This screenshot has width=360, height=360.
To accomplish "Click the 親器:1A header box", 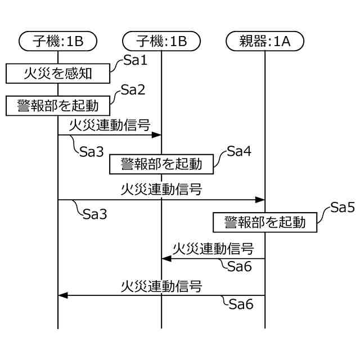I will coord(264,40).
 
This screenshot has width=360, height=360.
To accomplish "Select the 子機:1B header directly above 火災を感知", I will coord(58,40).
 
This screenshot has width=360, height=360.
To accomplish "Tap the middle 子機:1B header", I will coord(161,40).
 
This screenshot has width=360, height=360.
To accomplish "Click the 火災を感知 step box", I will coord(57,73).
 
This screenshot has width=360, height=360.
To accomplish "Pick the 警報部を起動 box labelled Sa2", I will coord(57,105).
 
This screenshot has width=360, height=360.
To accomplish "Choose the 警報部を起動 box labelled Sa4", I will coord(161,164).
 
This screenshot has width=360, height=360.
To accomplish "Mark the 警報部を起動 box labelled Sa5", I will coord(264,222).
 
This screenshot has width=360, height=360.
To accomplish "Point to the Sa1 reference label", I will coord(135,61).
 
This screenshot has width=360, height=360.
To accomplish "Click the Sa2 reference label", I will coord(133,89).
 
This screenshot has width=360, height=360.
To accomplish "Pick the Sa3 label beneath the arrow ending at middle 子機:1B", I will coord(91,152).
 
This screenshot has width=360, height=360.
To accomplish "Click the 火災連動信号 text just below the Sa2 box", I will coord(110,125).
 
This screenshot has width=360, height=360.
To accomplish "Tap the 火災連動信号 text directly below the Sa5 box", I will coord(213,248).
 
